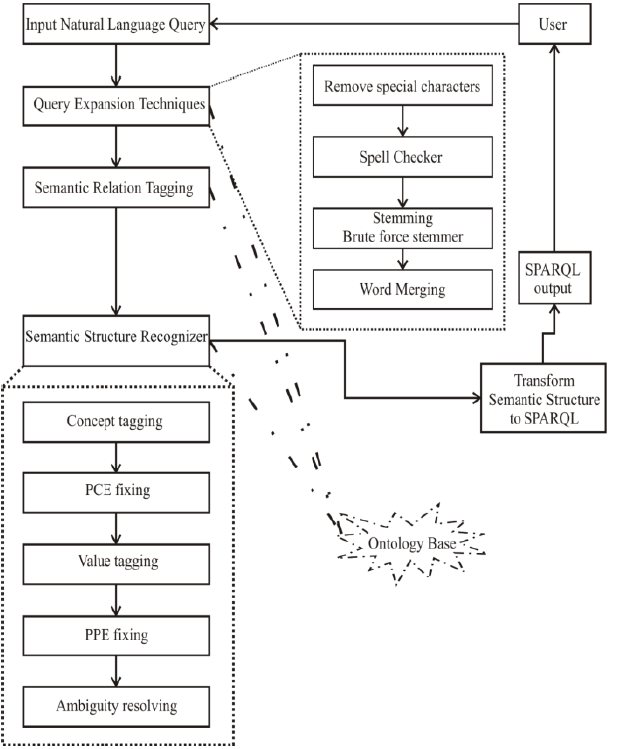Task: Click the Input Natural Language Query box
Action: (x=116, y=24)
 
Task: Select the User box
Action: (x=554, y=24)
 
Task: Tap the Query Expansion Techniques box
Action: (x=116, y=106)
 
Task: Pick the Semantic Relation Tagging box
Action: (x=116, y=187)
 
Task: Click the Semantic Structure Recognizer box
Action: (x=116, y=341)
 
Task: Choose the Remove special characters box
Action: (x=402, y=86)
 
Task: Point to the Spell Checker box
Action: (x=402, y=157)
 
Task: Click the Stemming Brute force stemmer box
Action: (x=402, y=228)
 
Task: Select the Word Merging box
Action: (x=402, y=289)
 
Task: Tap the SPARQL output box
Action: (x=554, y=278)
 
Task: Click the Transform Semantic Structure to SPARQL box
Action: (x=542, y=398)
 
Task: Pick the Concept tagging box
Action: (x=116, y=422)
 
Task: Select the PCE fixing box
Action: (x=116, y=493)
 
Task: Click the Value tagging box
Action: (x=116, y=564)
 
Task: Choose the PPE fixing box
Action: (x=116, y=636)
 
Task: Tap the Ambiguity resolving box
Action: (x=116, y=707)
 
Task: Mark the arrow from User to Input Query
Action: (x=364, y=24)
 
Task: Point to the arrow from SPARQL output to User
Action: (x=554, y=147)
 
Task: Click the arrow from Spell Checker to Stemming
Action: (x=403, y=193)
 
